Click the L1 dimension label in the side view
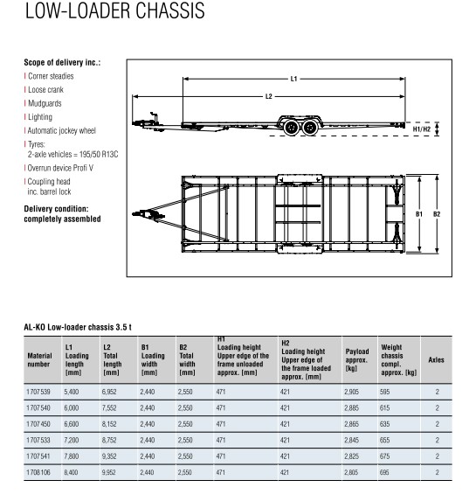pyautogui.click(x=293, y=79)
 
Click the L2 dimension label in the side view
pyautogui.click(x=268, y=96)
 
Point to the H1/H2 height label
pyautogui.click(x=422, y=129)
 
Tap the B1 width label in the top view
pyautogui.click(x=419, y=214)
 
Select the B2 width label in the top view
pyautogui.click(x=437, y=214)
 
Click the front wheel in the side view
pyautogui.click(x=291, y=128)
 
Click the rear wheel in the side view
pyautogui.click(x=310, y=128)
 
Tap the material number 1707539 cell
pyautogui.click(x=38, y=392)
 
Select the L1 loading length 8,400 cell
pyautogui.click(x=71, y=472)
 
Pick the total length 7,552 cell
pyautogui.click(x=109, y=408)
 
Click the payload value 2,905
pyautogui.click(x=351, y=392)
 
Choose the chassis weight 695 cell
pyautogui.click(x=384, y=472)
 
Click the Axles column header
pyautogui.click(x=436, y=359)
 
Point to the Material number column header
pyautogui.click(x=39, y=359)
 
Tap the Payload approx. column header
pyautogui.click(x=357, y=359)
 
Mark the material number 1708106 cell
pyautogui.click(x=38, y=472)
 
